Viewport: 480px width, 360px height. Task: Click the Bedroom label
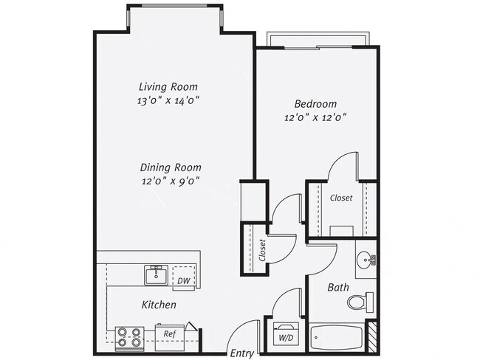click(x=315, y=103)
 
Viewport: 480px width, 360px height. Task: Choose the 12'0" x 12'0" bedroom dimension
click(x=315, y=117)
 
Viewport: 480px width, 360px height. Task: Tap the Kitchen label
click(x=159, y=304)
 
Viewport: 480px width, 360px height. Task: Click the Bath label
click(x=339, y=288)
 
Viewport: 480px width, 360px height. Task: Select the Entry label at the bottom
click(x=241, y=353)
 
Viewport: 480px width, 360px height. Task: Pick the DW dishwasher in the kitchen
click(x=183, y=280)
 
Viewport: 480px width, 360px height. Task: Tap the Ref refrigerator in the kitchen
click(x=169, y=334)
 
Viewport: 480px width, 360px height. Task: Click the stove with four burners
click(x=130, y=337)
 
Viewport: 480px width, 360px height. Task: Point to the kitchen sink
click(x=156, y=276)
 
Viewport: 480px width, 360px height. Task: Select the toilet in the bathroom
click(x=361, y=301)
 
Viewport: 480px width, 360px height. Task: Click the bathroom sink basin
click(x=364, y=259)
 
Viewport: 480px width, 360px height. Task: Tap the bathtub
click(x=338, y=339)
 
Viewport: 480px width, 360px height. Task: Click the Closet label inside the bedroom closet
click(x=341, y=198)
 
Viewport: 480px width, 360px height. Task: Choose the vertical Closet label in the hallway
click(x=262, y=251)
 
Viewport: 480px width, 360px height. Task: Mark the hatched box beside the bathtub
click(x=373, y=338)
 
